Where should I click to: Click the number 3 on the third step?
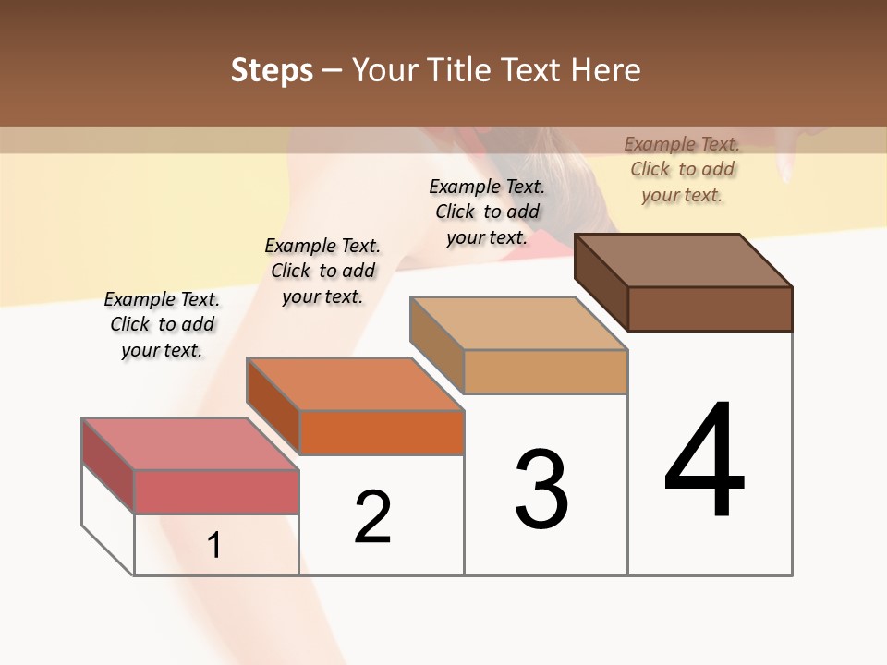tap(541, 489)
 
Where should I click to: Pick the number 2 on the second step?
tap(372, 517)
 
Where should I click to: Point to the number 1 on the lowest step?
tap(214, 545)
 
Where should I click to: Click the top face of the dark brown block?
tap(684, 260)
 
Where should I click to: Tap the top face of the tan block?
tap(519, 323)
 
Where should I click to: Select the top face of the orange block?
tap(355, 383)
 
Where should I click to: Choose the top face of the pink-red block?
tap(190, 443)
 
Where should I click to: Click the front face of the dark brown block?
tap(710, 308)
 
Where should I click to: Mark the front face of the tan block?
tap(545, 372)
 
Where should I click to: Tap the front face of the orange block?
tap(381, 432)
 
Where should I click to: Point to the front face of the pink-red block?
tap(216, 491)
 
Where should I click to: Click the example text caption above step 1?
tap(162, 324)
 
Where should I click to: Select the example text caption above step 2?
tap(322, 271)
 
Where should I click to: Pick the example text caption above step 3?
tap(487, 212)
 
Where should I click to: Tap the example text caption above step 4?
tap(682, 169)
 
